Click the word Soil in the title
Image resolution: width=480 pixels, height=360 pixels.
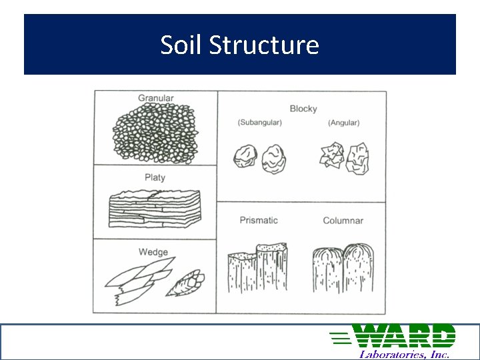(x=181, y=45)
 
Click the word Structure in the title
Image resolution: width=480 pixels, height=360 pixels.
(x=264, y=45)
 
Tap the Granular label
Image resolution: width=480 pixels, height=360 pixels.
(x=156, y=98)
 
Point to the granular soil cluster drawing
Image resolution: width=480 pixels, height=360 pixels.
(x=155, y=133)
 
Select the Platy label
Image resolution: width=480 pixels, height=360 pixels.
(x=155, y=177)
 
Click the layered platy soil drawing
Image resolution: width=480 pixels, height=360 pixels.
(x=155, y=209)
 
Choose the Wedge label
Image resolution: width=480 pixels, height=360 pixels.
(x=153, y=252)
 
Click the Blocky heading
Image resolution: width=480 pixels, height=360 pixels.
(x=303, y=109)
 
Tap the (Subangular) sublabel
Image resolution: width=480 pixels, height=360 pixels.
(x=259, y=123)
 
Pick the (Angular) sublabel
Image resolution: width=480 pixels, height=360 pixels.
(x=344, y=123)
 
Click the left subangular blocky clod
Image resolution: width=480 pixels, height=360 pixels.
(x=245, y=156)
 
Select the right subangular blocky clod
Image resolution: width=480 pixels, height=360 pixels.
(x=274, y=159)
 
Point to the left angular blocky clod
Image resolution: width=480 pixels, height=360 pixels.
(x=332, y=155)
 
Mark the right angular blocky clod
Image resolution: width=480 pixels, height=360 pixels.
(x=357, y=159)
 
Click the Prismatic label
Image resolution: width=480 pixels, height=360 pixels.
(x=259, y=221)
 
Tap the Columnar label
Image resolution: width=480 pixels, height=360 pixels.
(x=343, y=221)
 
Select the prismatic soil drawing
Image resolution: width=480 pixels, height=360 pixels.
(x=257, y=268)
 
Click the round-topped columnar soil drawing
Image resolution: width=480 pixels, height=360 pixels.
(x=343, y=268)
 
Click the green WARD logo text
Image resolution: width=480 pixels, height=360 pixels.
(x=393, y=335)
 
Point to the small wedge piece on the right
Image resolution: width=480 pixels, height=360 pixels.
(x=186, y=283)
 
